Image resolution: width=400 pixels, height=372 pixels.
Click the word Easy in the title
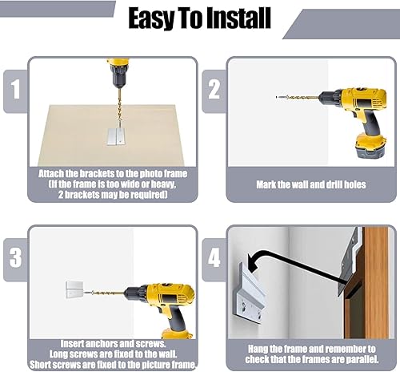coord(151,18)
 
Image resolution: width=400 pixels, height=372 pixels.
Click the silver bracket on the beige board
coord(116,137)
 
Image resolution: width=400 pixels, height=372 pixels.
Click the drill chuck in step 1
coord(117,79)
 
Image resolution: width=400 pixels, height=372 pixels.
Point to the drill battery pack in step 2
coord(371,146)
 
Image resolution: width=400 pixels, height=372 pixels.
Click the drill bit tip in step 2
coord(277,97)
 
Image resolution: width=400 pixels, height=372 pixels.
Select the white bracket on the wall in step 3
coord(74,289)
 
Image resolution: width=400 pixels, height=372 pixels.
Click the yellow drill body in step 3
coord(170,297)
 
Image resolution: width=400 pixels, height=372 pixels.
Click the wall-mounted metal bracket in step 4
coord(250,294)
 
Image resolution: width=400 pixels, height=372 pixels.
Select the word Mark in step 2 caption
coord(266,184)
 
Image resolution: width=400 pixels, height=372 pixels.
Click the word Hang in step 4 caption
coord(258,349)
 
